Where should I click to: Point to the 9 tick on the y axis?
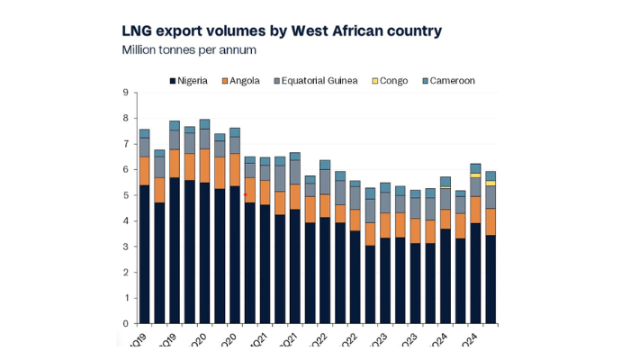126,93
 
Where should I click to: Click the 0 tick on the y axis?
126,324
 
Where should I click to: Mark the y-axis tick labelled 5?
126,195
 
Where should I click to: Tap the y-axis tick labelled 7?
126,144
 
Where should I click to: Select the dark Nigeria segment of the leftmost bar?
144,255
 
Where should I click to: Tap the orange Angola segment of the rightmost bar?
490,221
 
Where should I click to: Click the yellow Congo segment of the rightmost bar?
490,183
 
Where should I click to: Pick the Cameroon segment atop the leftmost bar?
144,133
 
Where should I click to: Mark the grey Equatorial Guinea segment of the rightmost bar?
490,196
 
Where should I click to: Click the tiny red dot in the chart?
245,194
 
